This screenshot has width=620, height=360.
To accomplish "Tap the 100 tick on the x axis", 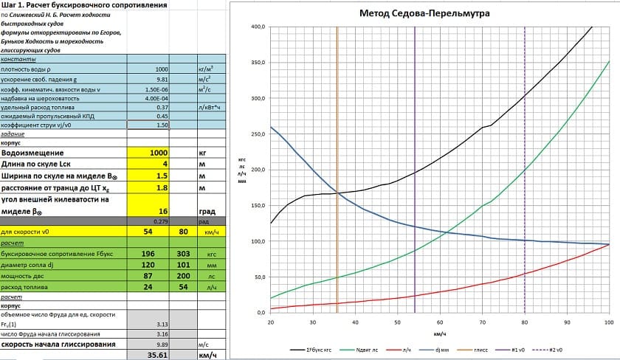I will tap(609, 322).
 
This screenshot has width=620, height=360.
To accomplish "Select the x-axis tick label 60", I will tap(440, 322).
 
